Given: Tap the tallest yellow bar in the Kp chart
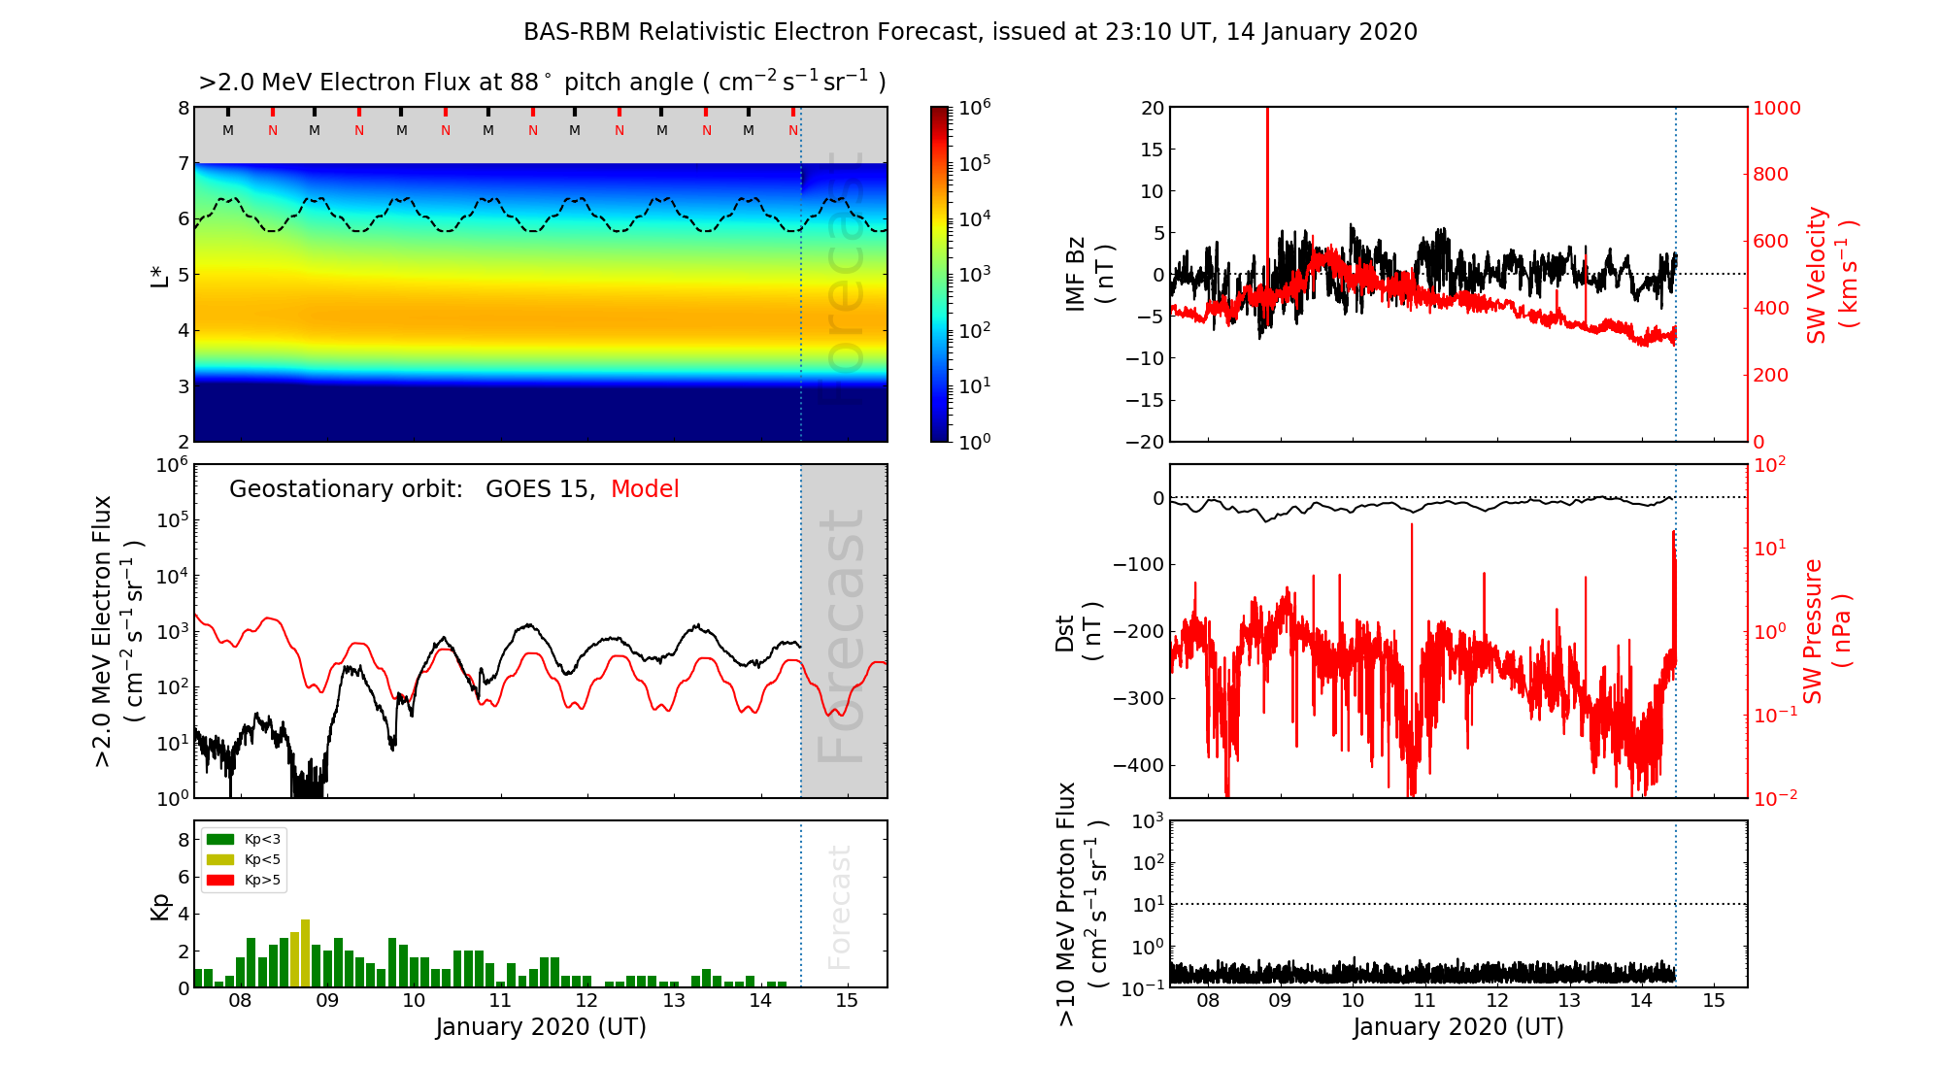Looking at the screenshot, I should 305,951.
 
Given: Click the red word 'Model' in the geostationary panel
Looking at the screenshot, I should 645,489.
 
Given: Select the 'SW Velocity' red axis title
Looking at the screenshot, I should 1817,275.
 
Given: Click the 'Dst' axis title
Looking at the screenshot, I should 1065,632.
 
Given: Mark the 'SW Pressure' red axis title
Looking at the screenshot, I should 1814,631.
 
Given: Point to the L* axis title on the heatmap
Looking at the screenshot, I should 159,275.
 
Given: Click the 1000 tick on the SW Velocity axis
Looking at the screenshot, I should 1776,109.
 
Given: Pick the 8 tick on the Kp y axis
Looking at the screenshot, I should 184,840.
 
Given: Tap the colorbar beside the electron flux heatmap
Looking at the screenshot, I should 940,274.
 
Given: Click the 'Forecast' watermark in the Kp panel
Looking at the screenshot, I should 839,907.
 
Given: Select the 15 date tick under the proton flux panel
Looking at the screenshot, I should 1714,1001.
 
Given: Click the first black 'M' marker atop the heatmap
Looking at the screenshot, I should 228,130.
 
